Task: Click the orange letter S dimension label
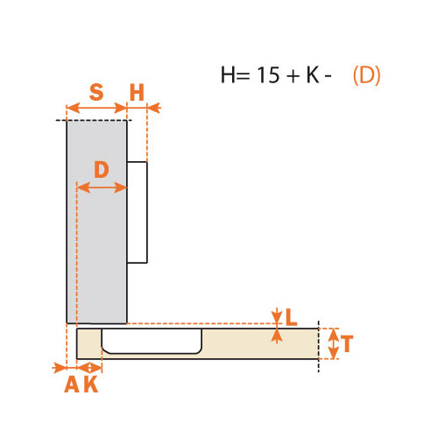[x=96, y=92]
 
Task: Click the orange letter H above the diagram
[x=137, y=92]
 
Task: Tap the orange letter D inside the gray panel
[x=102, y=169]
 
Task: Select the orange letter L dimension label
[x=291, y=317]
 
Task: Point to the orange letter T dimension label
[x=347, y=343]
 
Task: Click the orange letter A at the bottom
[x=72, y=384]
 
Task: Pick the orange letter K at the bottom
[x=91, y=384]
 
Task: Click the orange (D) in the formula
[x=366, y=75]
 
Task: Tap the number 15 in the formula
[x=268, y=74]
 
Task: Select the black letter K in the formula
[x=313, y=74]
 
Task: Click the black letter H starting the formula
[x=228, y=74]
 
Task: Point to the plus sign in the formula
[x=293, y=75]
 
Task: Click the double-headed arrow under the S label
[x=97, y=108]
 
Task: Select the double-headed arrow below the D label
[x=102, y=187]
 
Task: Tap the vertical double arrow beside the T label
[x=334, y=343]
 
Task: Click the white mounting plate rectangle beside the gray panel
[x=137, y=212]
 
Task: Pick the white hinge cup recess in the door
[x=152, y=341]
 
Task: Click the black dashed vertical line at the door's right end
[x=319, y=347]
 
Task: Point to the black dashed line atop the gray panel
[x=94, y=120]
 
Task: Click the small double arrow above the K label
[x=89, y=368]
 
